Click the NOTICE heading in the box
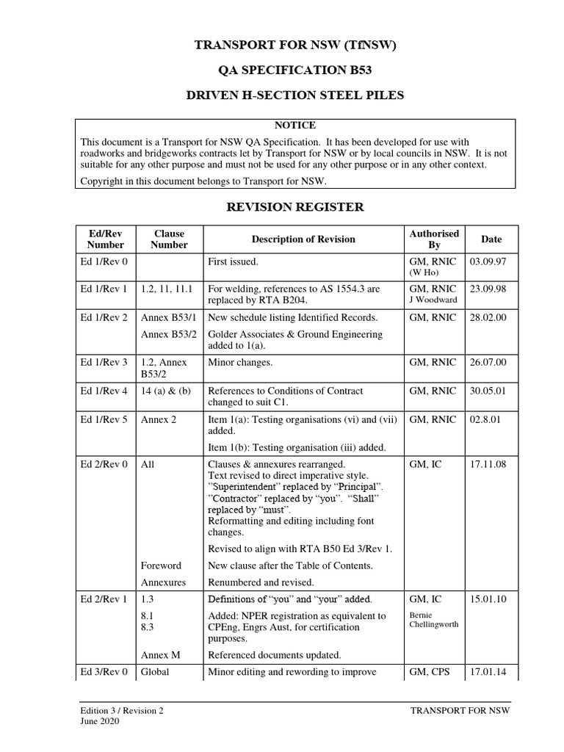294,126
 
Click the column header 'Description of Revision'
303,239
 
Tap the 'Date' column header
491,239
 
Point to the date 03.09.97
488,261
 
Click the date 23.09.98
488,289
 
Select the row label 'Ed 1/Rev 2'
104,318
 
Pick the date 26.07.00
488,363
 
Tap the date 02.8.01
486,420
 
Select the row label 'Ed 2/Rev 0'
104,465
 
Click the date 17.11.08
488,465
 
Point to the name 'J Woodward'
433,300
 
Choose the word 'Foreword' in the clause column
161,566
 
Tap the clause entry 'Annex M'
161,655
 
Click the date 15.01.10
488,599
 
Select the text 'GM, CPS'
430,672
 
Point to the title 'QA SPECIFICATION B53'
294,70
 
